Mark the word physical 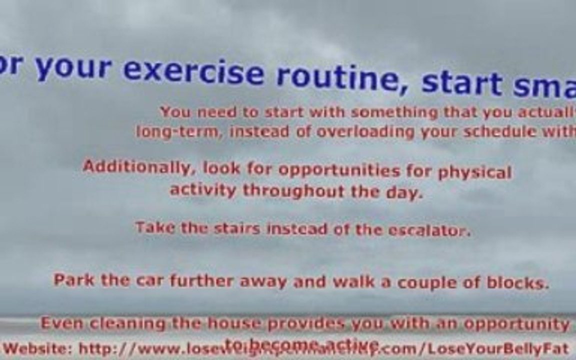click(474, 172)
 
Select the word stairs click(236, 228)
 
